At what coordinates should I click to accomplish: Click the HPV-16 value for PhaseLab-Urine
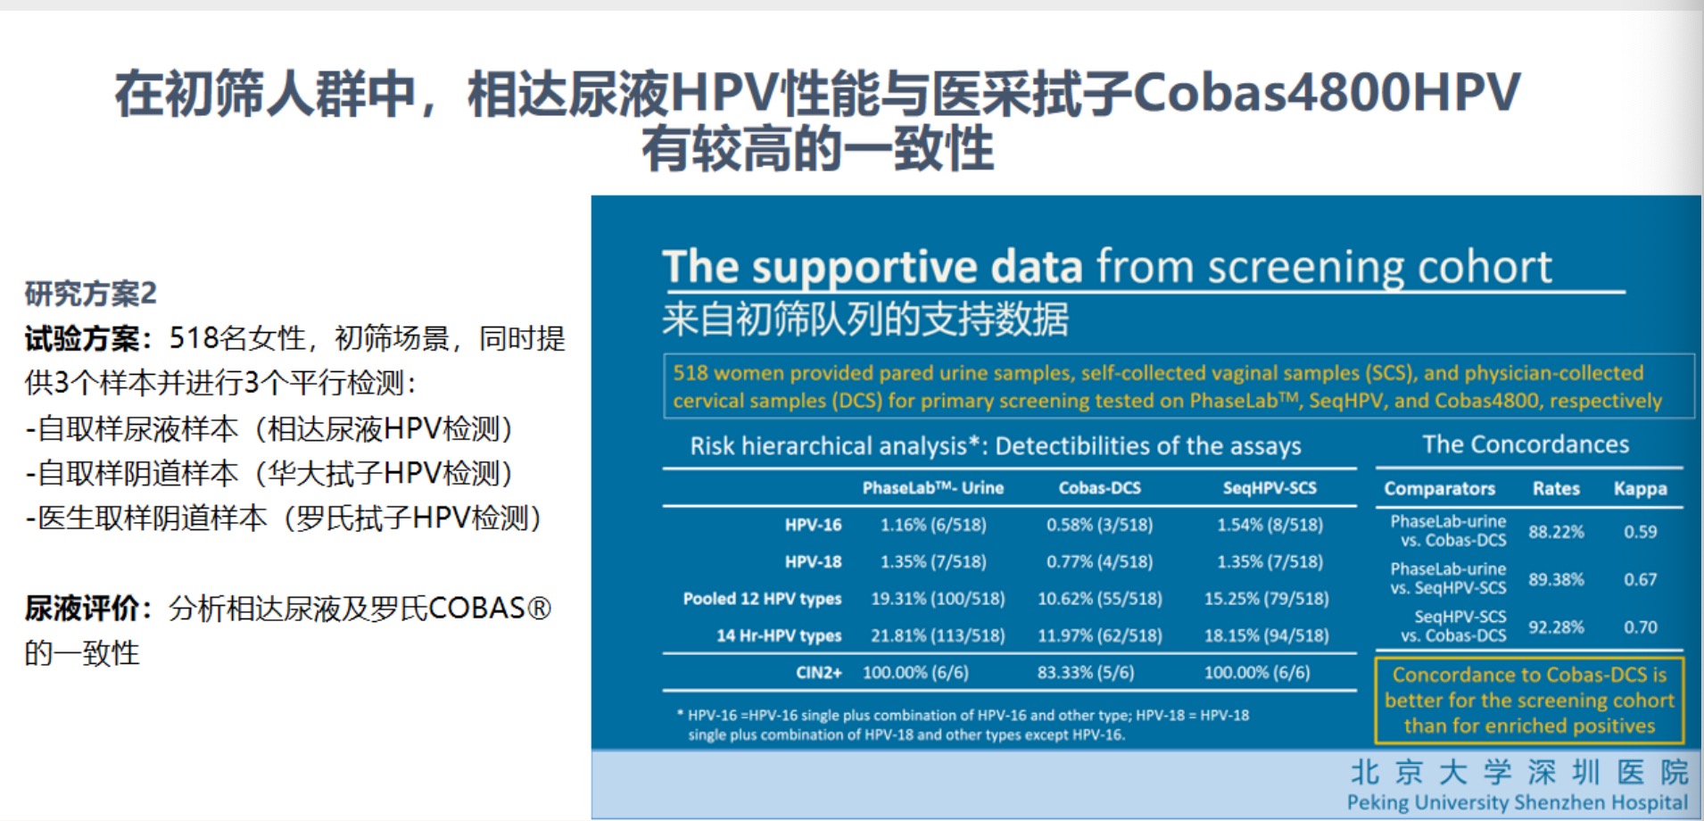click(933, 525)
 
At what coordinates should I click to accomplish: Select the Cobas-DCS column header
click(1099, 488)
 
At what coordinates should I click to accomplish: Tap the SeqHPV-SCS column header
click(1270, 488)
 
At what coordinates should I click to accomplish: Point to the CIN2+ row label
click(818, 672)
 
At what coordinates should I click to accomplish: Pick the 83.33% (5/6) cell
click(1085, 672)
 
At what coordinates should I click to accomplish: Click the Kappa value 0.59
click(1640, 532)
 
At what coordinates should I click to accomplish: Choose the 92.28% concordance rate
click(1556, 627)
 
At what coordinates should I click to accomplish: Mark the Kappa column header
click(1640, 489)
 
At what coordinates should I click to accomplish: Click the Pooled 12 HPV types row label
click(762, 599)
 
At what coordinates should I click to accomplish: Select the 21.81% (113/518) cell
click(938, 635)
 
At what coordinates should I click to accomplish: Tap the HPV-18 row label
click(813, 561)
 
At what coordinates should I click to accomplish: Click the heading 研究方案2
click(90, 294)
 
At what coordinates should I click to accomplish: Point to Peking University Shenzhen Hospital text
click(1517, 802)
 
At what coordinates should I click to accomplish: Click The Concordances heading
click(1526, 444)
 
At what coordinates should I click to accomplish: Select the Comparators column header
click(1439, 489)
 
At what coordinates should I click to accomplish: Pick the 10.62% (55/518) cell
click(1099, 599)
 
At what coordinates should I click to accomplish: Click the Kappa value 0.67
click(1640, 580)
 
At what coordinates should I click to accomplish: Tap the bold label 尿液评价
click(81, 609)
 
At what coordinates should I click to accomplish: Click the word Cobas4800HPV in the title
click(1327, 93)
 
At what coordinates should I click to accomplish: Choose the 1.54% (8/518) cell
click(1270, 525)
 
